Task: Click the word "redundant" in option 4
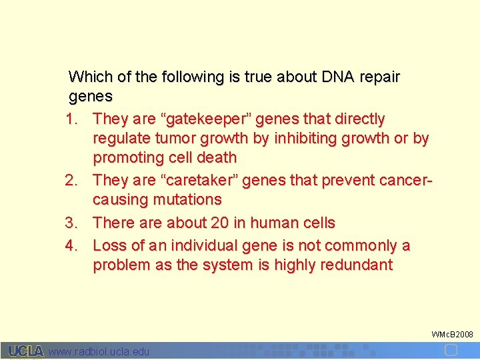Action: click(x=357, y=265)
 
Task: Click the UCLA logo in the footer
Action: click(x=26, y=351)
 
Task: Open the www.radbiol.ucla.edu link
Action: click(x=99, y=351)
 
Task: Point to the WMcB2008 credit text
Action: click(x=452, y=334)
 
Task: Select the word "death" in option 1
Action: click(x=215, y=158)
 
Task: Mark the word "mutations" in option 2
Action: click(x=189, y=199)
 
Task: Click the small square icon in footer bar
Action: click(x=451, y=351)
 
